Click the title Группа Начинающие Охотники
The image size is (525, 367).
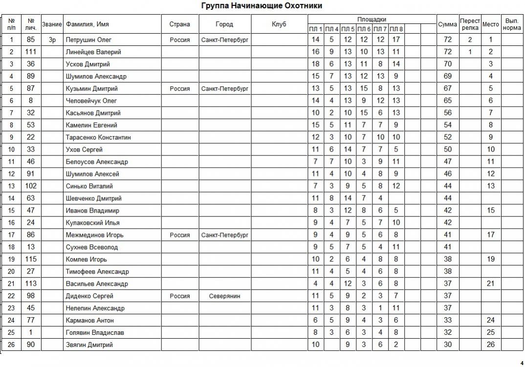tap(262, 6)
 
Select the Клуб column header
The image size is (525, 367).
tap(279, 24)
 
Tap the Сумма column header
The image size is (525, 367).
tap(447, 24)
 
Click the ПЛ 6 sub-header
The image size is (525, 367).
tap(364, 29)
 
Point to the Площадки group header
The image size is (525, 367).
tap(372, 19)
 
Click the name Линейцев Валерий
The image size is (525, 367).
tap(93, 52)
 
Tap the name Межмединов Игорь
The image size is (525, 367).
tap(95, 235)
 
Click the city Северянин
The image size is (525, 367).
tap(224, 296)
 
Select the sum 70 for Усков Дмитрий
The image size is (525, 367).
tap(447, 64)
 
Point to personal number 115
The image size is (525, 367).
tap(31, 259)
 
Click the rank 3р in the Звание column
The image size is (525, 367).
tap(52, 40)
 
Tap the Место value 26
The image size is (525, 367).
tap(491, 345)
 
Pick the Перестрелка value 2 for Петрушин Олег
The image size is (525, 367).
tap(470, 40)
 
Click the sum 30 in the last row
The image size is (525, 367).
tap(447, 345)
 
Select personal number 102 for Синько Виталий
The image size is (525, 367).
tap(31, 186)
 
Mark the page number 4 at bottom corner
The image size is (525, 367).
tap(522, 363)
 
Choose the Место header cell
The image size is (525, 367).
tap(491, 24)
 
